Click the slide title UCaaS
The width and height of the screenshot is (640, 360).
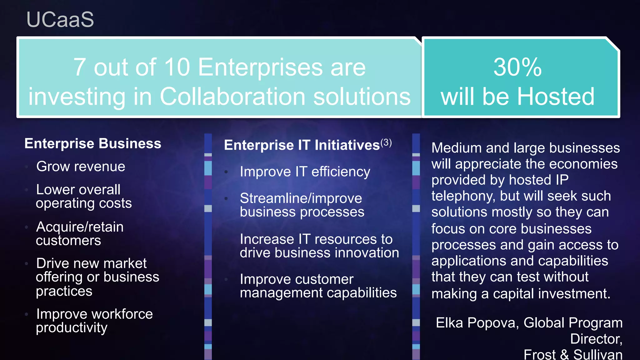tap(60, 20)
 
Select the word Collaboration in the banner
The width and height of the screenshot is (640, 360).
tap(232, 97)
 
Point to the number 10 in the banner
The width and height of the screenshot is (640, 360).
tap(177, 67)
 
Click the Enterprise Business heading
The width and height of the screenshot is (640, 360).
tap(93, 144)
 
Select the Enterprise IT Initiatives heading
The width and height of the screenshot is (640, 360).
tap(302, 145)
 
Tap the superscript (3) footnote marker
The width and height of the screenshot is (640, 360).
tap(386, 143)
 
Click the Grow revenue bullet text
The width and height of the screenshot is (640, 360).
tap(81, 167)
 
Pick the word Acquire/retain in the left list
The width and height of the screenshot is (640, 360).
tap(80, 227)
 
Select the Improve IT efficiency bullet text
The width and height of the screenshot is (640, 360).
tap(305, 172)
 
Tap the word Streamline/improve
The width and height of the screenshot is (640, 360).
tap(301, 198)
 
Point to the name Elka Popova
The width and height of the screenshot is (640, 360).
tap(477, 323)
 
